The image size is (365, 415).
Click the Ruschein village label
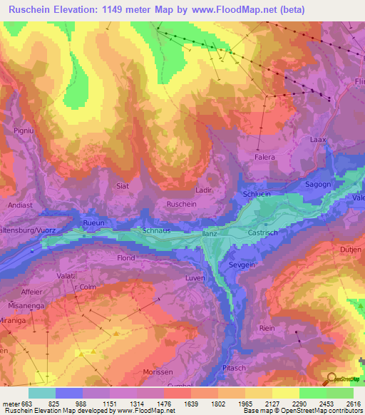(x=181, y=203)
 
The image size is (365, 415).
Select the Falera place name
(x=264, y=157)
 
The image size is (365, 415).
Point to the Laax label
(x=318, y=140)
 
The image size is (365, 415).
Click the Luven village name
(x=195, y=277)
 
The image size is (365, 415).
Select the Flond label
(x=125, y=258)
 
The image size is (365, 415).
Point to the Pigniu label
(x=24, y=131)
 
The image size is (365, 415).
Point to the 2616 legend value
(x=353, y=404)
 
